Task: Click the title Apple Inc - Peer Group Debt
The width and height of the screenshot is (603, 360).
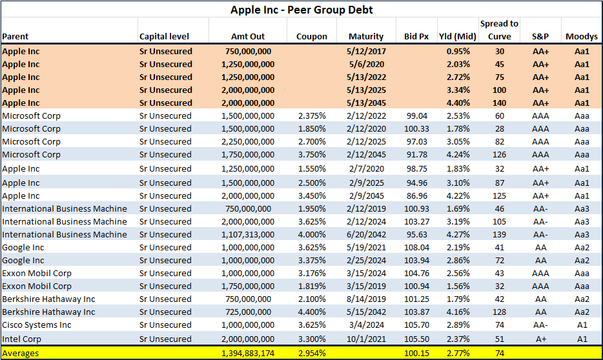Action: [301, 10]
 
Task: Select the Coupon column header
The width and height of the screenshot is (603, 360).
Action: [311, 37]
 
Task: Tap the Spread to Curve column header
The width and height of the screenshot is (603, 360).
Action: [499, 30]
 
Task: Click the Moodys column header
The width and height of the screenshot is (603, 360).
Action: [582, 37]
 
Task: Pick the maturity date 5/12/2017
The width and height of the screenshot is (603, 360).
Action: [366, 52]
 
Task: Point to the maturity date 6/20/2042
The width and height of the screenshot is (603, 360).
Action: [366, 235]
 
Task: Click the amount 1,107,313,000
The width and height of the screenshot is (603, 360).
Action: [248, 235]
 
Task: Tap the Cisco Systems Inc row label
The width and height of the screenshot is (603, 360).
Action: [37, 325]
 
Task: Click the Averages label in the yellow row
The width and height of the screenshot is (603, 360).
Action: [21, 354]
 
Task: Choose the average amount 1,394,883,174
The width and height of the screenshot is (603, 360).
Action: [248, 354]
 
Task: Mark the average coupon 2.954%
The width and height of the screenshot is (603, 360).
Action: [311, 354]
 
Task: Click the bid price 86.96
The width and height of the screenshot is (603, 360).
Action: [417, 196]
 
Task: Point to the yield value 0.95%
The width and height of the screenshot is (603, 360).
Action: [458, 52]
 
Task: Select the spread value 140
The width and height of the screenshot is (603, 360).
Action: [499, 103]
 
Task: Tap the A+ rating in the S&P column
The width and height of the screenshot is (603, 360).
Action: [540, 339]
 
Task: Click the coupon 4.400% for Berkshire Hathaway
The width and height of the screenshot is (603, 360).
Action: [311, 312]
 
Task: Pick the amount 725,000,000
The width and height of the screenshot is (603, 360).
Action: [248, 312]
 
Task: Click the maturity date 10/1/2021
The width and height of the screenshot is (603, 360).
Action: [366, 339]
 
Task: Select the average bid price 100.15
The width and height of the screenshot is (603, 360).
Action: [416, 354]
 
